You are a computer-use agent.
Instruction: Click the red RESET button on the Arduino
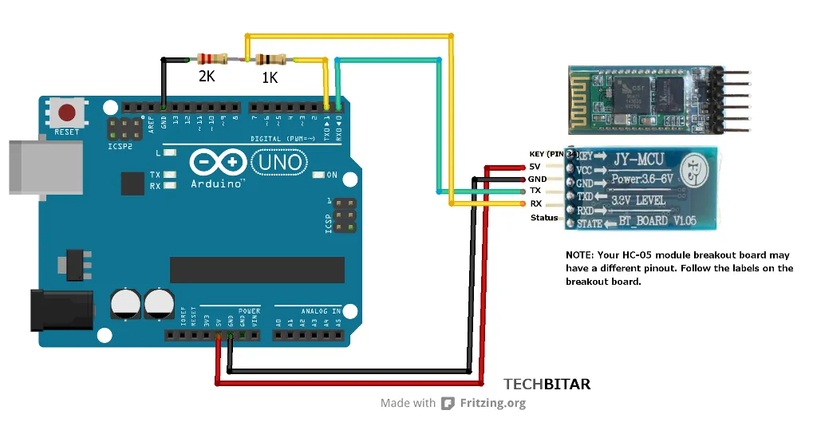click(67, 112)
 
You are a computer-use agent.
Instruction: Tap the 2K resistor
click(212, 59)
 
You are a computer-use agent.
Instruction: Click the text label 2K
click(207, 77)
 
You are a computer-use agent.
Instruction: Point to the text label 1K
click(270, 78)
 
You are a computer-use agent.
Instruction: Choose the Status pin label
click(545, 218)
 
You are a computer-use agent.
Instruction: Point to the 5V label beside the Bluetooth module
click(535, 167)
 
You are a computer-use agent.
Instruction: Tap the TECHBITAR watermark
click(547, 385)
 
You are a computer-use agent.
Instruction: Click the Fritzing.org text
click(493, 403)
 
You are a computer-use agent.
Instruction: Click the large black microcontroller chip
click(257, 270)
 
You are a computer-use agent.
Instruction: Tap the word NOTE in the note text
click(580, 254)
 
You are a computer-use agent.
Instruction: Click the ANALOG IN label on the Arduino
click(321, 310)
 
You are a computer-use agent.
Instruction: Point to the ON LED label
click(332, 175)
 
